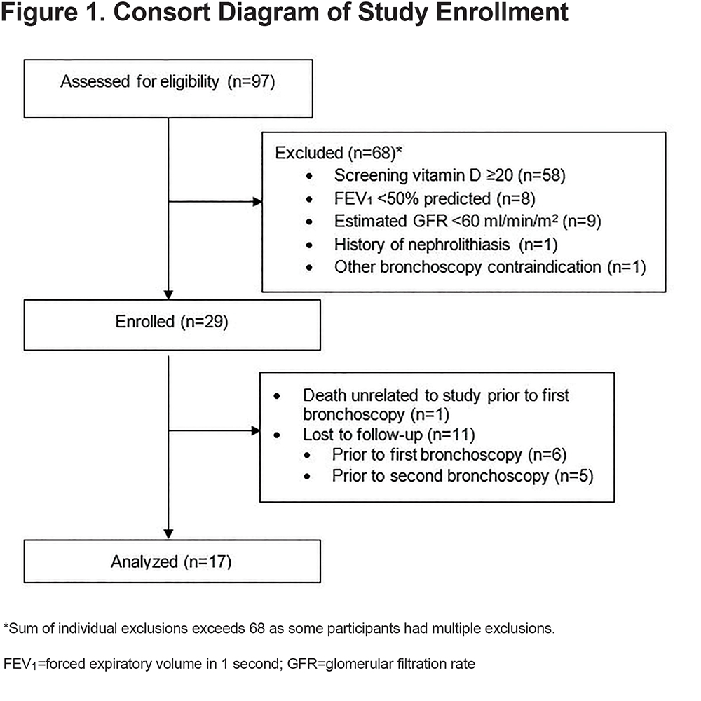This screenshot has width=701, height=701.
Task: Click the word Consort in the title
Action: (x=161, y=12)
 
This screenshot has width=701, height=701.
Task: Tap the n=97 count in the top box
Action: (x=251, y=82)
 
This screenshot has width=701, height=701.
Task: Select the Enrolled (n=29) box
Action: (x=172, y=325)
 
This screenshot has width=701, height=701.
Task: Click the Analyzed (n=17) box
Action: (x=172, y=562)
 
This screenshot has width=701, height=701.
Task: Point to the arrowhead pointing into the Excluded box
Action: (x=257, y=202)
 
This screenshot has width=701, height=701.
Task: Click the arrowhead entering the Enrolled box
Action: (x=168, y=295)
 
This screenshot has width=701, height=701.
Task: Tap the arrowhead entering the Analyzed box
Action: (x=168, y=535)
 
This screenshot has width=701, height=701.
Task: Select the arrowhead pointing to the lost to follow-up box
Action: (x=256, y=430)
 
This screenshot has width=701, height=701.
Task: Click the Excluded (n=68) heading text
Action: (x=339, y=153)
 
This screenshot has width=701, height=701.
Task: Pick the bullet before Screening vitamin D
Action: (x=309, y=176)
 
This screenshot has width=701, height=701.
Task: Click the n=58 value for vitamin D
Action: (x=541, y=175)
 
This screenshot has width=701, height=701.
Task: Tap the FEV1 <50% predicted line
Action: (x=435, y=198)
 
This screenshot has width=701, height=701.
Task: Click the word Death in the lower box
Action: (x=325, y=395)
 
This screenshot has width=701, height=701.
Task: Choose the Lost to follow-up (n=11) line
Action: (x=389, y=435)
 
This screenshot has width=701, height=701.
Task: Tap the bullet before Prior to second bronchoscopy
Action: (x=307, y=477)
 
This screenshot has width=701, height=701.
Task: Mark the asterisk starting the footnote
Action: (x=6, y=626)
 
